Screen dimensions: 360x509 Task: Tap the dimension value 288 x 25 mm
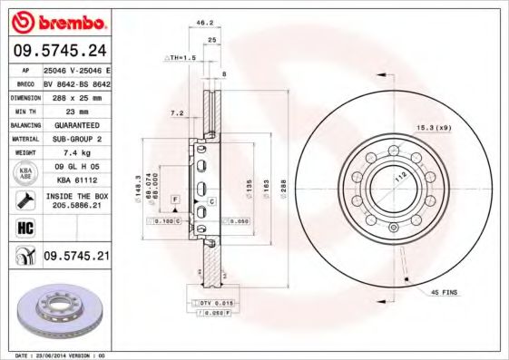point(75,95)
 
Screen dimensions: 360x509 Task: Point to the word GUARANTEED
point(75,124)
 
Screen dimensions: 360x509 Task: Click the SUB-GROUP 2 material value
point(75,139)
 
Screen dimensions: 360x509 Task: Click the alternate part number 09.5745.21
point(76,257)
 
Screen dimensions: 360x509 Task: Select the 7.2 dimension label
point(178,114)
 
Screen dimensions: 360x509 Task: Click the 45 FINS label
point(444,294)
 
